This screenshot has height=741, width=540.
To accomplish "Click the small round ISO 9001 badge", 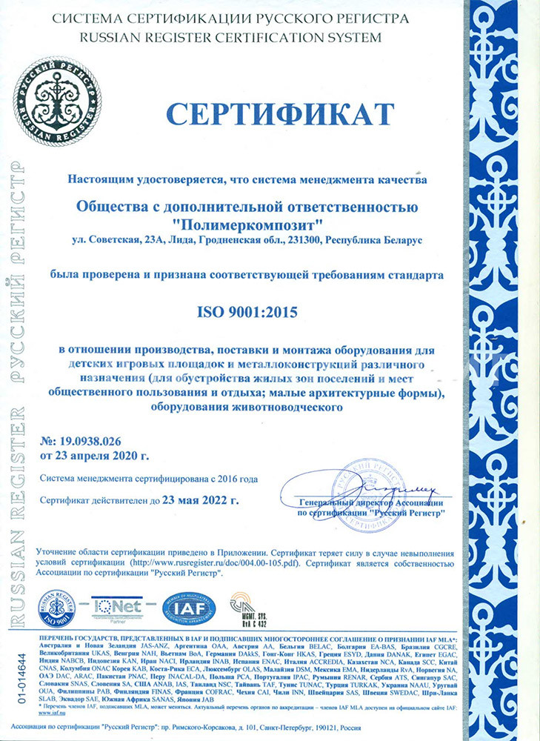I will [56, 607].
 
